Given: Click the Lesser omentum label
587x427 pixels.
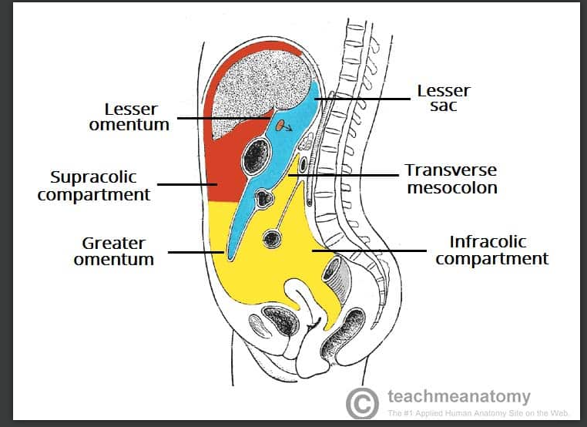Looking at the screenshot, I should [129, 116].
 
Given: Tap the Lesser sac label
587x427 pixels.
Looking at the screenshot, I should [443, 98].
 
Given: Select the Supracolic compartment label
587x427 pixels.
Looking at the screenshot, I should [94, 186].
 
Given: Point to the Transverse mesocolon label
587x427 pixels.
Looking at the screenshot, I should [451, 179].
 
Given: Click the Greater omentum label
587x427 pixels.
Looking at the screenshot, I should [114, 252].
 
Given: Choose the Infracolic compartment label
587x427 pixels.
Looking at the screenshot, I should [491, 250].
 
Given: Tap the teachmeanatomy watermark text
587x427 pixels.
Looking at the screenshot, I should [459, 397].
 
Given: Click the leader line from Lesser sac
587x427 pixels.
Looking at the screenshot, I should [362, 99].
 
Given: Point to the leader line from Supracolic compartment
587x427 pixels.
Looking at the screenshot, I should [189, 184].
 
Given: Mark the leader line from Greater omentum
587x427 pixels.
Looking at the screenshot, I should [196, 252].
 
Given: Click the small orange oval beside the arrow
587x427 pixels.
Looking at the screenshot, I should [279, 124].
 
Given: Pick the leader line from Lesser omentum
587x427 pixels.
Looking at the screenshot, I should [223, 118].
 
